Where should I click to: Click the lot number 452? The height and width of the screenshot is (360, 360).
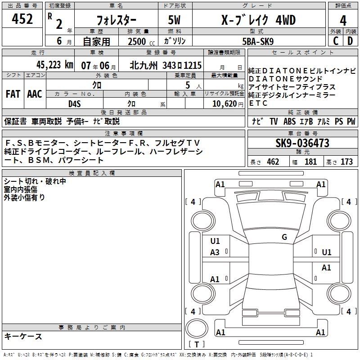pos(22,18)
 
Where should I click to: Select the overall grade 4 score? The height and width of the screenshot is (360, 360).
pos(343,20)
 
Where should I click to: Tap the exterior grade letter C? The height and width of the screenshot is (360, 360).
pos(336,41)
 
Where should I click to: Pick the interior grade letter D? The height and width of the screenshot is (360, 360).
pos(350,41)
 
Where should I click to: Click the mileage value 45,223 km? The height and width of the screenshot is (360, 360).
pos(55,65)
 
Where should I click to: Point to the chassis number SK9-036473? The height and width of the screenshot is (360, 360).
pos(302,143)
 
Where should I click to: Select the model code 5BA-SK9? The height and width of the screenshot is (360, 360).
pos(258,41)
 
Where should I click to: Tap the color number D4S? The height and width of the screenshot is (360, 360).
pos(74,104)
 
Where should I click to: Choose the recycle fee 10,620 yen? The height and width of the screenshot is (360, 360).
pos(228,104)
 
